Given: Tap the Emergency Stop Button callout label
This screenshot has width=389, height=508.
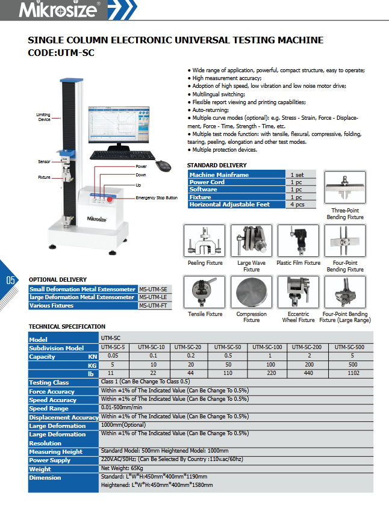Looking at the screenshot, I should [157, 198].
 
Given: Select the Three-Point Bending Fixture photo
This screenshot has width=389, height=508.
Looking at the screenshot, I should [345, 190].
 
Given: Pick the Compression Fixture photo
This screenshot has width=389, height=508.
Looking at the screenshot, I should [251, 293].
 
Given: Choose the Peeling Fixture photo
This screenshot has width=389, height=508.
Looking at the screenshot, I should [205, 241].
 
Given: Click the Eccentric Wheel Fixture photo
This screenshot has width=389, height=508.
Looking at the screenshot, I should [298, 293].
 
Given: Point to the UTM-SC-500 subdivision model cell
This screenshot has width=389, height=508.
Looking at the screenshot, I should [349, 348].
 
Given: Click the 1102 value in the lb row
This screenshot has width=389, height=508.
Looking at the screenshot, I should [349, 374].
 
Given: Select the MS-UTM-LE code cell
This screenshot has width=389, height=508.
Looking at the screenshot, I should [152, 297].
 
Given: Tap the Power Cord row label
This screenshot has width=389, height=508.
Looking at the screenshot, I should [207, 182].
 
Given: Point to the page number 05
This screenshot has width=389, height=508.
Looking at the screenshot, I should [10, 280].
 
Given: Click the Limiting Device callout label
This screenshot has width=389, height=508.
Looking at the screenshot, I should [43, 117].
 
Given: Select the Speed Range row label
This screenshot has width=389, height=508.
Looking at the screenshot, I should [49, 409].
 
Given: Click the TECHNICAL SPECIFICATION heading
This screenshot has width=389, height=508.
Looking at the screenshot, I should [67, 327].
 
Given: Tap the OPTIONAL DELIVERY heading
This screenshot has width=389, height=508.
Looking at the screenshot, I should [58, 280].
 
